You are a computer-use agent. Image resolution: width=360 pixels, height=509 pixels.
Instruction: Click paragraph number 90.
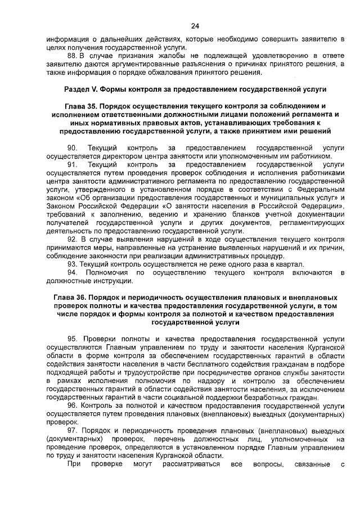coord(72,147)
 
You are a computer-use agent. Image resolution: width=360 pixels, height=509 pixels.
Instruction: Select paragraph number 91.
coord(72,164)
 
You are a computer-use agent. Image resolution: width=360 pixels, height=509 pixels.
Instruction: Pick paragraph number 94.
coord(72,272)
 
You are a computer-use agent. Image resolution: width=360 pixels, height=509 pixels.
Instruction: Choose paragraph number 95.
coord(72,339)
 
